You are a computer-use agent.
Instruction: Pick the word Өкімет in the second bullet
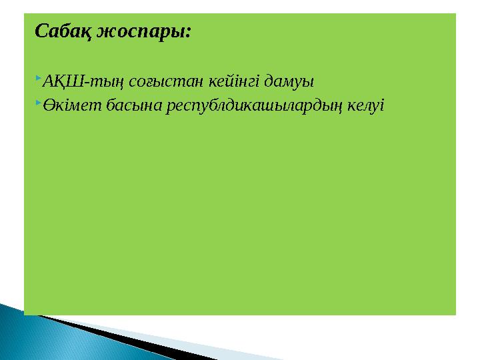pos(70,106)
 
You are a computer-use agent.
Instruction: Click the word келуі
pos(367,106)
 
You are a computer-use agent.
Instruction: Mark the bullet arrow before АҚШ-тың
pos(38,80)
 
